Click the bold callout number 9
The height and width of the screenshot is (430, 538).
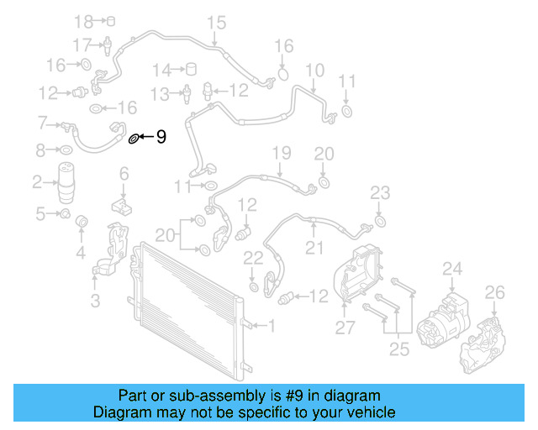tap(161, 135)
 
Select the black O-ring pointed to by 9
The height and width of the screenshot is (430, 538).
tap(133, 137)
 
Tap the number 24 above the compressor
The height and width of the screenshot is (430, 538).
tap(453, 270)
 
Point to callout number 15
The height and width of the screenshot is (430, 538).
tap(217, 22)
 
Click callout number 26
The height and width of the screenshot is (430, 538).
tap(494, 292)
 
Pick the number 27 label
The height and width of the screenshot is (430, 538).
tap(345, 328)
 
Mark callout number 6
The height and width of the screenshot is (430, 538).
tap(124, 174)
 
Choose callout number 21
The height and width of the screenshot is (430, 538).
tap(314, 247)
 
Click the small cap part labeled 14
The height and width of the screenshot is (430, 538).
tap(191, 69)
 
